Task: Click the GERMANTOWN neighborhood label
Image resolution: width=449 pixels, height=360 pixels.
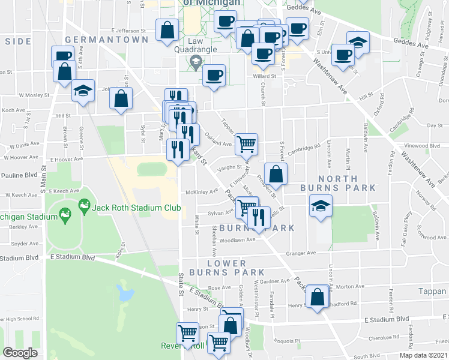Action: click(106, 40)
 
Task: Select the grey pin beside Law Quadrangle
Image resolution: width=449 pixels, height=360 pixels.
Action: click(195, 61)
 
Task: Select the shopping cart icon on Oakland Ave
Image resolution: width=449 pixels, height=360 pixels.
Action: click(246, 143)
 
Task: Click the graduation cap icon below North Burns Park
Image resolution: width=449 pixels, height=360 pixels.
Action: click(321, 206)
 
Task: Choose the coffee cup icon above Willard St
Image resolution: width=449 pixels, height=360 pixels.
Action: click(214, 75)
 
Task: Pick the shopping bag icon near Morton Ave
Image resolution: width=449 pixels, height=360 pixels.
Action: click(317, 296)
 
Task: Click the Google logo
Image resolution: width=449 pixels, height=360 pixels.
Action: click(20, 353)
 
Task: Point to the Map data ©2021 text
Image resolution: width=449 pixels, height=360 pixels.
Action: click(424, 355)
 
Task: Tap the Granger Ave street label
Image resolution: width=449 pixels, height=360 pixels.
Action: click(302, 253)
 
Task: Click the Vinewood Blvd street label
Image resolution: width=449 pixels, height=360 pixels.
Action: click(423, 145)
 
